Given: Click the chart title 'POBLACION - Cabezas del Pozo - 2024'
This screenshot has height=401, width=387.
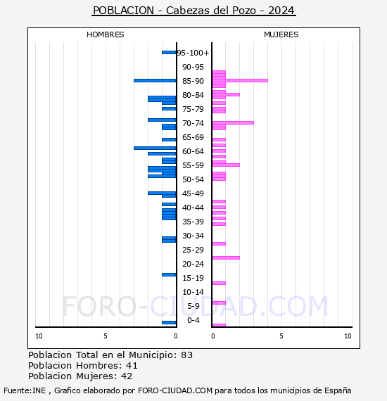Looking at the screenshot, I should (x=193, y=11).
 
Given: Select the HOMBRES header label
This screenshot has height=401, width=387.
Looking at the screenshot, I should (x=105, y=34).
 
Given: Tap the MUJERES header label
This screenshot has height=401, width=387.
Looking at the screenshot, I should (x=281, y=34).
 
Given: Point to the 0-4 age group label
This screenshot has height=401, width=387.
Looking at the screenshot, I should (x=193, y=320).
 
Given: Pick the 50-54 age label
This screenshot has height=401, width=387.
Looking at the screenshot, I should (x=193, y=179).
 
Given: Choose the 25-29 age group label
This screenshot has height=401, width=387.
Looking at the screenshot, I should (x=193, y=250).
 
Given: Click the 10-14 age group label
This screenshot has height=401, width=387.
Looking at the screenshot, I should (x=193, y=292).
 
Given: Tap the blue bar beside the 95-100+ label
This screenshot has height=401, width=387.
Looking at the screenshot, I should (x=169, y=52).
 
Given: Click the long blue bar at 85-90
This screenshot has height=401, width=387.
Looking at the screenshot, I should (x=155, y=80).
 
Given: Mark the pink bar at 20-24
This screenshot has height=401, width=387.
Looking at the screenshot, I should (x=226, y=257).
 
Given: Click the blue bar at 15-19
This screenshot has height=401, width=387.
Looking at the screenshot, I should (x=169, y=274).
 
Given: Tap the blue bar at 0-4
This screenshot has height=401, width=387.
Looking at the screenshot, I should (x=169, y=322).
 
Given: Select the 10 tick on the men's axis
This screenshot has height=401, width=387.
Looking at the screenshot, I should (x=39, y=336).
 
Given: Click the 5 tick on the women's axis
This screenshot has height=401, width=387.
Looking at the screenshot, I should (x=281, y=336).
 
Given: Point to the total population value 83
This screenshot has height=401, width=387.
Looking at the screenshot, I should (x=186, y=355).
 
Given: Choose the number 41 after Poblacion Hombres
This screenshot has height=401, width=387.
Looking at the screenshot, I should (x=132, y=365).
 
